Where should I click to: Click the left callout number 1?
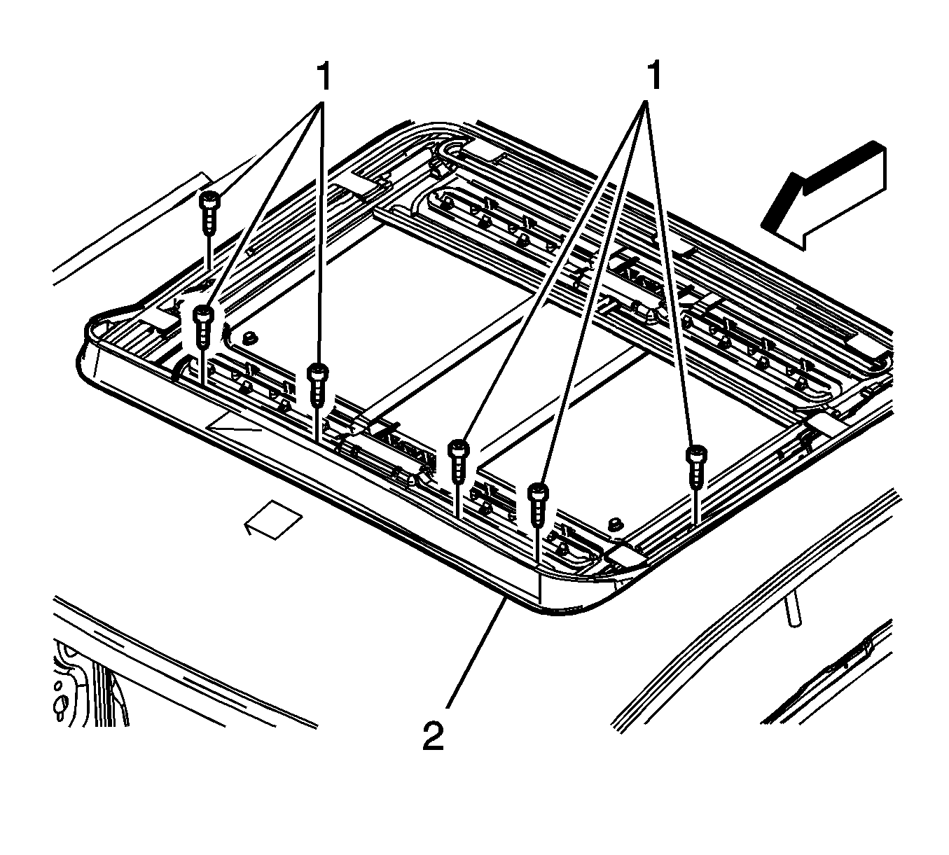(x=323, y=76)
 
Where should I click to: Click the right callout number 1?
(x=653, y=76)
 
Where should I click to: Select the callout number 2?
(x=434, y=736)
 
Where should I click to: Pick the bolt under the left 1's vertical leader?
(x=318, y=383)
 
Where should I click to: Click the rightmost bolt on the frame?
(x=695, y=466)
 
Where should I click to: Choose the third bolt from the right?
(x=458, y=459)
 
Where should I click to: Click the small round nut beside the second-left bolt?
(x=247, y=340)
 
